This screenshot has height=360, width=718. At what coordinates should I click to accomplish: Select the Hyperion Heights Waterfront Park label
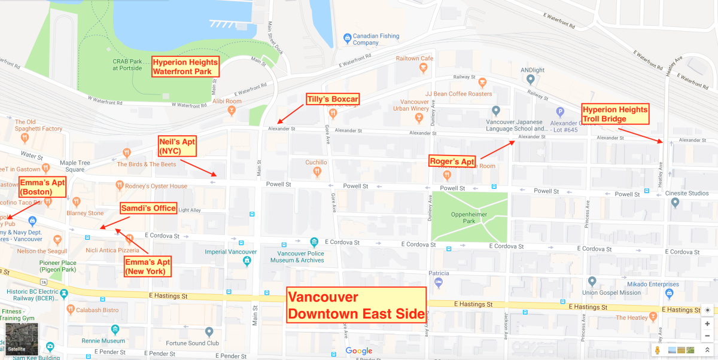[x=185, y=66]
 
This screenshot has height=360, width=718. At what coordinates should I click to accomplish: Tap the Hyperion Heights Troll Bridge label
[x=615, y=114]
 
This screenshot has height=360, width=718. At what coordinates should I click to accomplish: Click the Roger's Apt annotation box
[x=452, y=161]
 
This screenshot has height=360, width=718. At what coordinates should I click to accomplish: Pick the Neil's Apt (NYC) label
[x=178, y=146]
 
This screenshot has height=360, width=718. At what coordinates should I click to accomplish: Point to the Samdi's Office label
[x=149, y=208]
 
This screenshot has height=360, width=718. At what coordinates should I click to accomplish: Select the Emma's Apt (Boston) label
[x=43, y=187]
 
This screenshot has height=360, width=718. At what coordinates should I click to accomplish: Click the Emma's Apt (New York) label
[x=148, y=266]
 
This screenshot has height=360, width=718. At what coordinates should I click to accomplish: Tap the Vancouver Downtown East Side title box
[x=355, y=305]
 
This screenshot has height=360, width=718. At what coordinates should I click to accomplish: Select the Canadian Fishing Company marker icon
[x=346, y=38]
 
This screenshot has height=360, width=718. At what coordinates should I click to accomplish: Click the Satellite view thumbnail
[x=22, y=339]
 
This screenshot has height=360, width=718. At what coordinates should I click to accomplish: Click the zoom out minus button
[x=707, y=336]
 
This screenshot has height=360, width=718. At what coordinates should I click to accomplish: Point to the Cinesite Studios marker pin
[x=675, y=203]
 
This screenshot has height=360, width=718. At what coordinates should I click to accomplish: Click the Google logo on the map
[x=359, y=351]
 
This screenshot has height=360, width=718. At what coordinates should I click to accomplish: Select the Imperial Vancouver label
[x=230, y=252]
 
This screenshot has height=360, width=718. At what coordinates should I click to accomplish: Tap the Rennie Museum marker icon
[x=115, y=330]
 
